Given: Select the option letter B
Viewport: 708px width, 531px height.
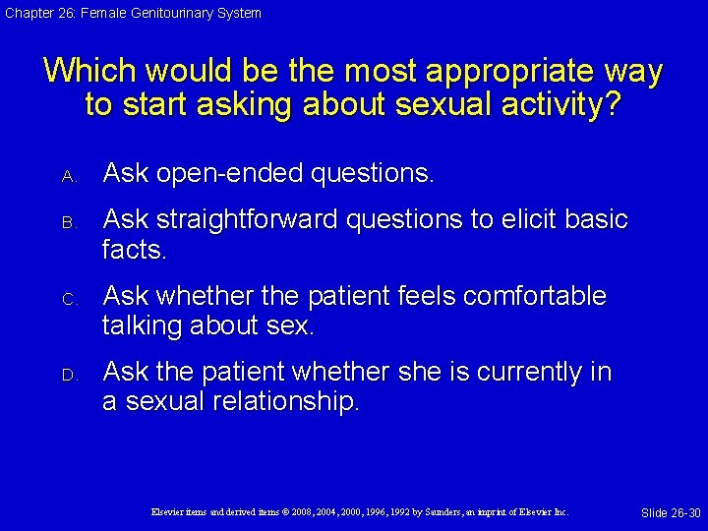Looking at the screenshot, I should [x=69, y=222].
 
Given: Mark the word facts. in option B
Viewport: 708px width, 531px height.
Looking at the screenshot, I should [x=135, y=250].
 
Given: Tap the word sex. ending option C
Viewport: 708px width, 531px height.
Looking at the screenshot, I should [x=287, y=326].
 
